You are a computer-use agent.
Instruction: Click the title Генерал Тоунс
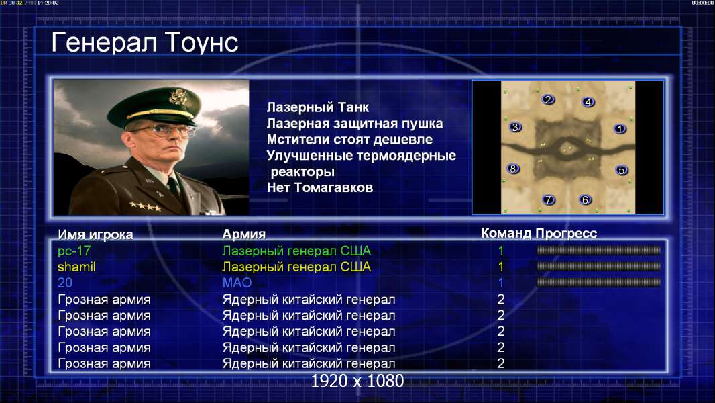(145, 42)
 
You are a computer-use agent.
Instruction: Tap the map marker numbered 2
(548, 99)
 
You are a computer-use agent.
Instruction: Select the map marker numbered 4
(588, 102)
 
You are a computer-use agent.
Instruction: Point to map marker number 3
(515, 127)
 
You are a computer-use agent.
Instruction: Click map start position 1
(620, 129)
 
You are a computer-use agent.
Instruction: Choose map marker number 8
(514, 169)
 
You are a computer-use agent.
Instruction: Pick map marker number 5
(621, 170)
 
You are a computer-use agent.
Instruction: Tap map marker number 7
(549, 199)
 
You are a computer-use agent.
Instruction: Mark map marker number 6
(585, 199)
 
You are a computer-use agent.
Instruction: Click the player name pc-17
(74, 251)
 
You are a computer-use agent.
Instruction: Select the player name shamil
(76, 267)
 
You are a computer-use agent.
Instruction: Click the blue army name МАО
(237, 283)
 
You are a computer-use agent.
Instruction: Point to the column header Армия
(243, 234)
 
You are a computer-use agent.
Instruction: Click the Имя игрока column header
(95, 234)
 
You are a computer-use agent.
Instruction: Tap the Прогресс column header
(566, 234)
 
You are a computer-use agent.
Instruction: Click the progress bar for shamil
(598, 266)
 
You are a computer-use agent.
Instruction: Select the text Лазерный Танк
(318, 107)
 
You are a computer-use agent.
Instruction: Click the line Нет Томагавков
(320, 187)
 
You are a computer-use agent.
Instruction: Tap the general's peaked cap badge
(177, 96)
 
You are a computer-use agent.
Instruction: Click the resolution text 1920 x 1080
(357, 381)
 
